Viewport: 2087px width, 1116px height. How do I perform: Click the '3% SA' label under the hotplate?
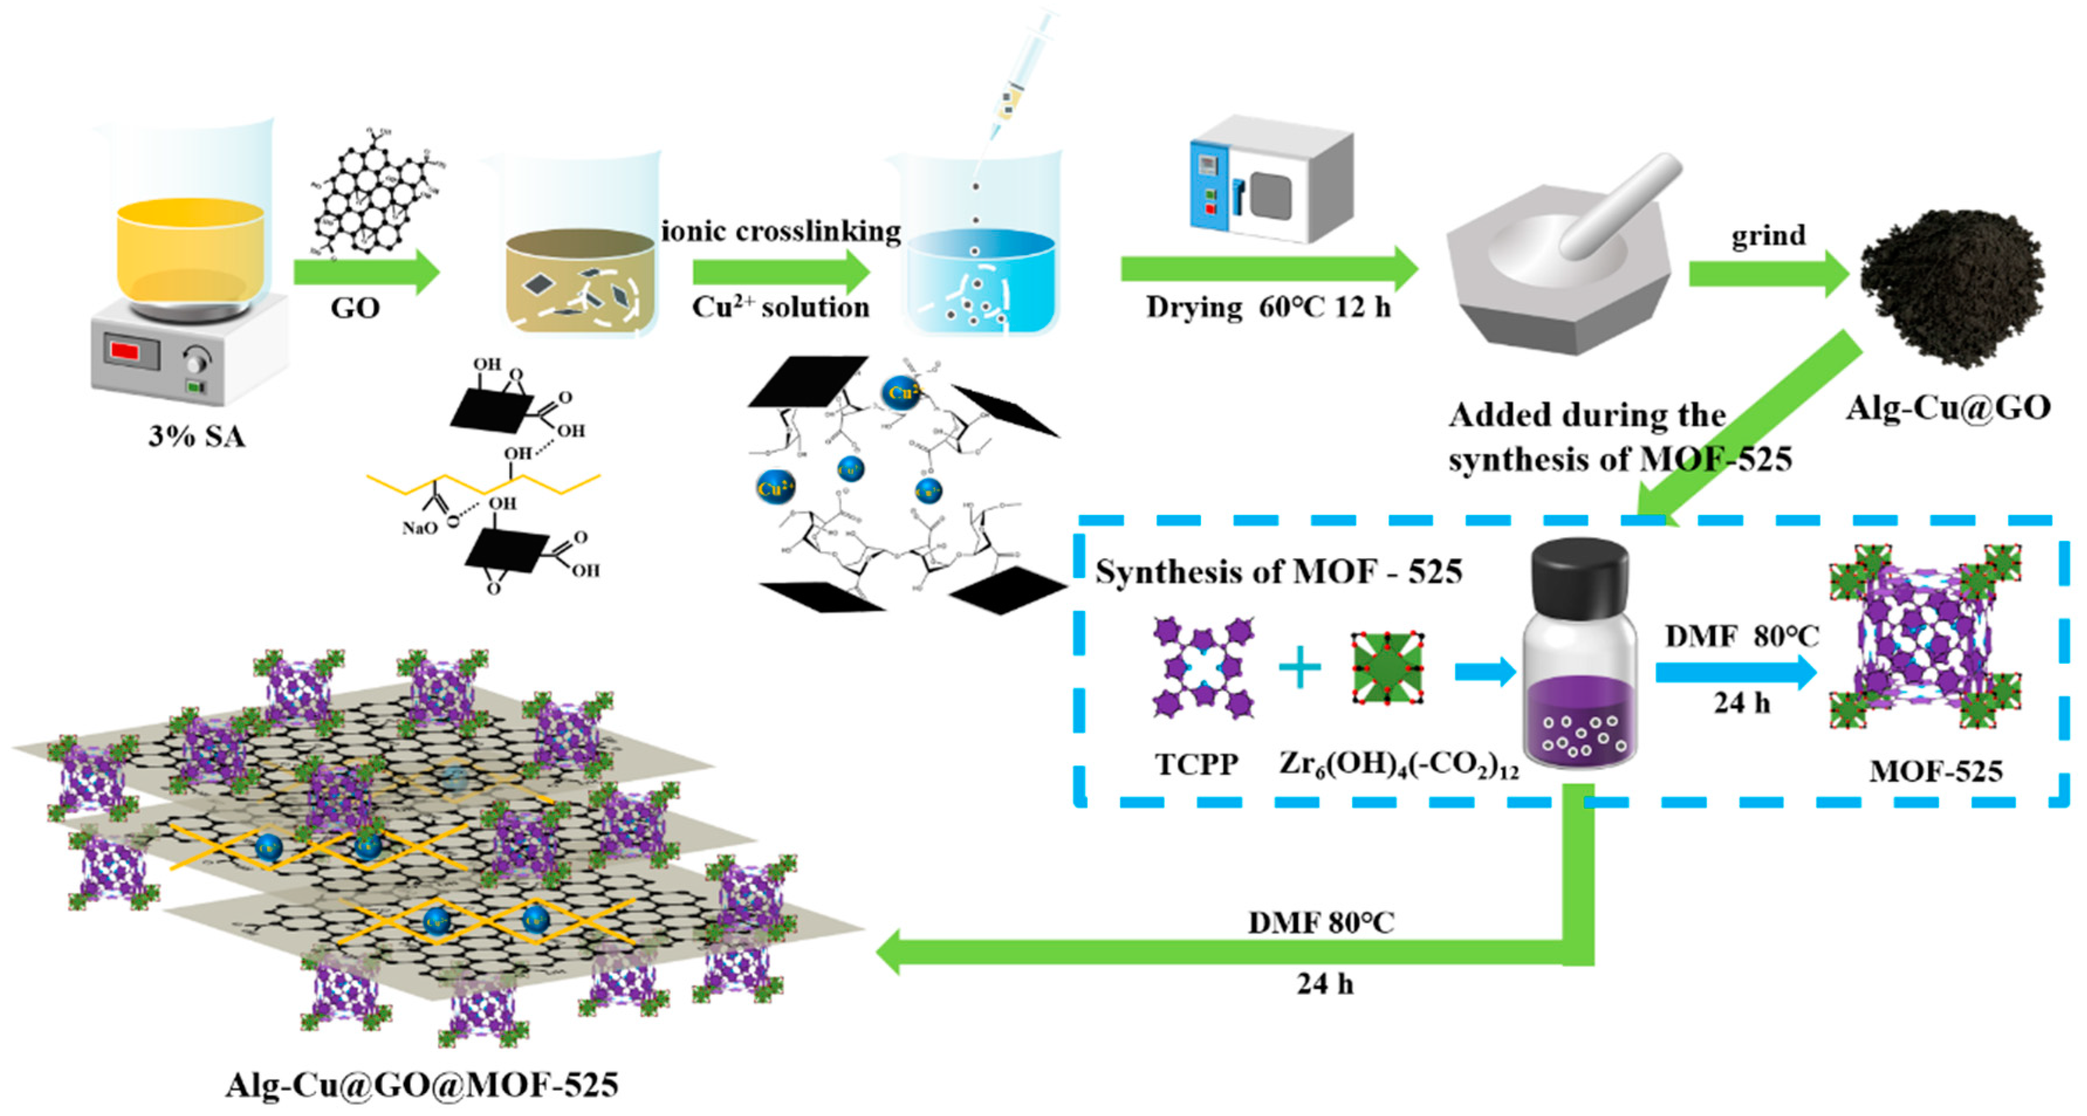196,437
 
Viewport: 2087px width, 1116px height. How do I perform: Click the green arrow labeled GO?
365,272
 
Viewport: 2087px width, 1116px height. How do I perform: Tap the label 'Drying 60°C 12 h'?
1268,308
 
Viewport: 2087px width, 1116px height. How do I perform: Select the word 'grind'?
1768,236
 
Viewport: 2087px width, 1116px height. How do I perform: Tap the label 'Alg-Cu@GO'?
1948,407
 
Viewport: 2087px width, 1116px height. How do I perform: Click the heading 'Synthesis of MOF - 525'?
1278,572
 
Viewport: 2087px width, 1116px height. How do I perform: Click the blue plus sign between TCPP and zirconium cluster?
1299,669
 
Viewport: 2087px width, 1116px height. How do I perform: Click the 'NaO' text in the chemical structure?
420,528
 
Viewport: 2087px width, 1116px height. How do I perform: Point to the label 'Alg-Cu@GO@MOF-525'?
422,1084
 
